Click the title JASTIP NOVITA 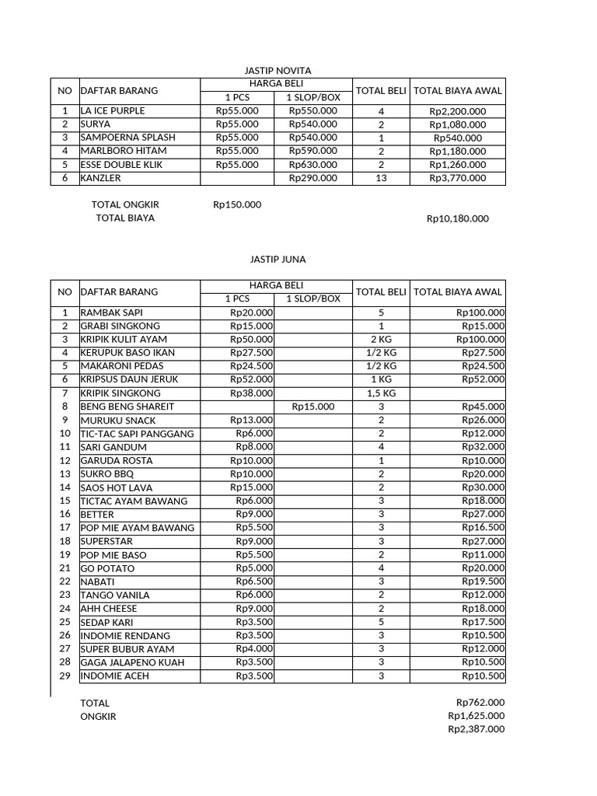click(278, 71)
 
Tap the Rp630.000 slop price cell click(313, 164)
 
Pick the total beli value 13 click(381, 178)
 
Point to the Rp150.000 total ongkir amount click(237, 204)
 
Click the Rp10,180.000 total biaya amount click(458, 218)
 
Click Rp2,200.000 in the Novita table click(458, 111)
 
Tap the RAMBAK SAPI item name click(111, 312)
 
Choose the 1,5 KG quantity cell click(381, 393)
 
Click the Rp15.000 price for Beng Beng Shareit click(313, 407)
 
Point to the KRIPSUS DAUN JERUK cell click(129, 379)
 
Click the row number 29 click(65, 676)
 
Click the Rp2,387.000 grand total click(476, 729)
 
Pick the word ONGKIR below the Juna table click(98, 717)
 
